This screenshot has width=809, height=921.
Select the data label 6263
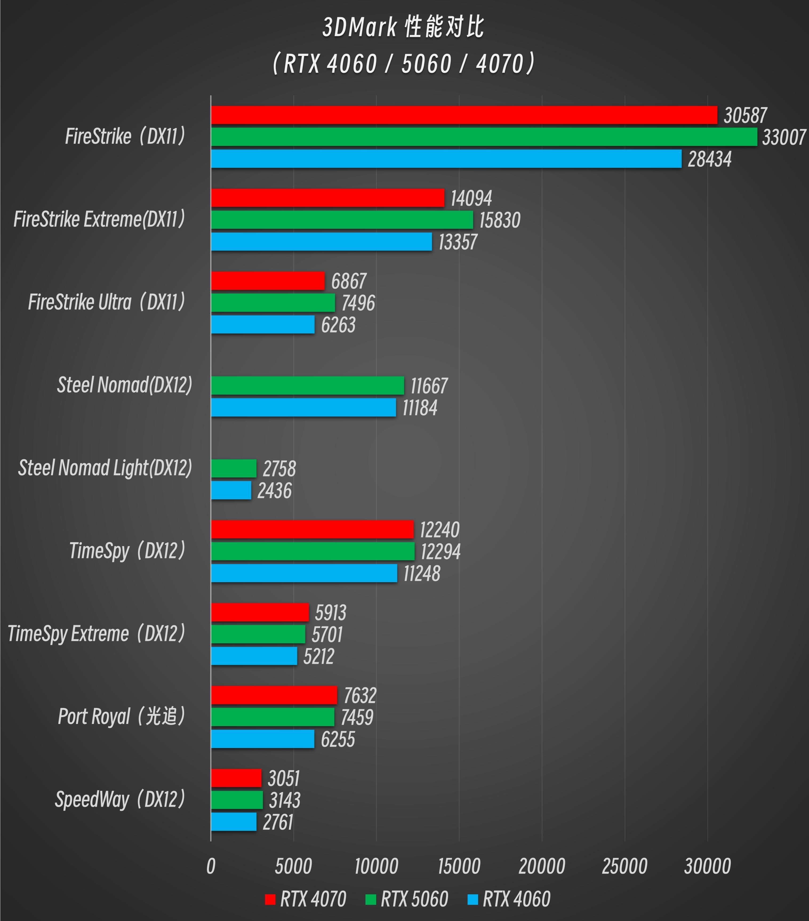pyautogui.click(x=338, y=325)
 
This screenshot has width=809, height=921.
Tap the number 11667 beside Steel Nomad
pyautogui.click(x=428, y=386)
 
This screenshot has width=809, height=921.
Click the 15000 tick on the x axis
pyautogui.click(x=459, y=866)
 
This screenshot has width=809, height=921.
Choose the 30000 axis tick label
pyautogui.click(x=707, y=866)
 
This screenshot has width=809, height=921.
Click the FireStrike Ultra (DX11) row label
pyautogui.click(x=107, y=302)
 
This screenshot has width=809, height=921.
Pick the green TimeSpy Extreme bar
pyautogui.click(x=258, y=634)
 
